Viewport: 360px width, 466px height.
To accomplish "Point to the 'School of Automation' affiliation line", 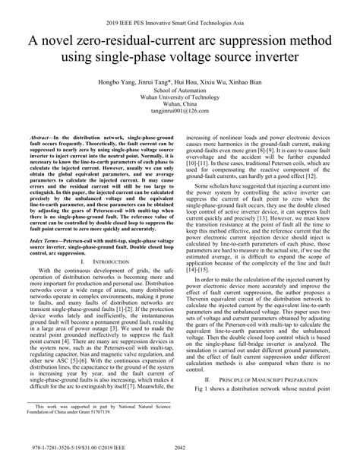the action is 180,91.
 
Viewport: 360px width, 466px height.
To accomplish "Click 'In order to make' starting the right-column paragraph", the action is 220,279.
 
